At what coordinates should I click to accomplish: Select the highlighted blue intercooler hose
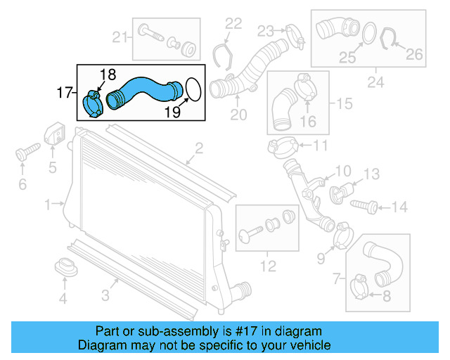point(144,90)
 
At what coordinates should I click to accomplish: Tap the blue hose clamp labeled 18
point(91,103)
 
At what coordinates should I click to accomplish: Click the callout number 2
point(199,148)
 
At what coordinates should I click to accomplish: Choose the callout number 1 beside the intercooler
point(49,205)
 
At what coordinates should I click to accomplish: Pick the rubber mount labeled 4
point(64,269)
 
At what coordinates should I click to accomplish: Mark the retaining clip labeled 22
point(222,53)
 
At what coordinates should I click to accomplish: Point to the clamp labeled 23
point(292,32)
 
